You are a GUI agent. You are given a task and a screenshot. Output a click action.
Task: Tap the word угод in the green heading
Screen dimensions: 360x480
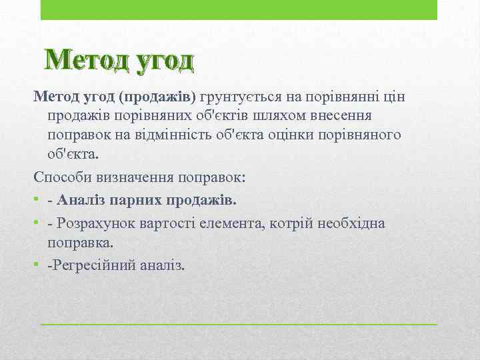point(164,61)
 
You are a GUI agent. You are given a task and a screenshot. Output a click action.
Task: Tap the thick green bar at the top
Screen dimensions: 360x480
point(239,10)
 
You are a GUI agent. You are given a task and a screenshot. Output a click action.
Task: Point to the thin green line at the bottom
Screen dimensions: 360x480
point(239,324)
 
